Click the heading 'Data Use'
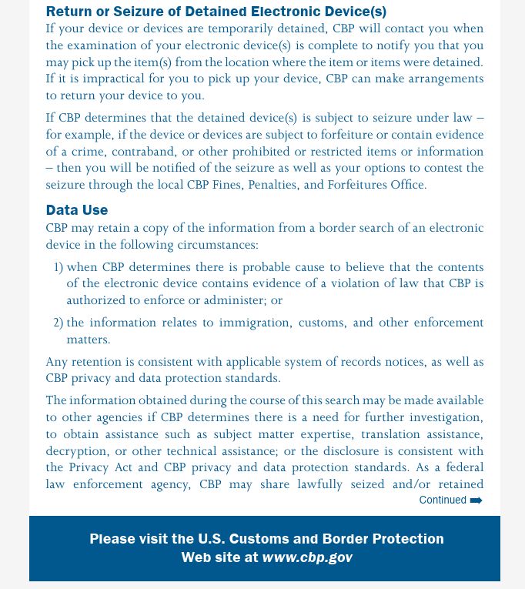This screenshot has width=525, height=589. click(x=76, y=209)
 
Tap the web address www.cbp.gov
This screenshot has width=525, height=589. click(x=307, y=557)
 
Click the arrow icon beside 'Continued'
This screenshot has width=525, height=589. click(x=477, y=500)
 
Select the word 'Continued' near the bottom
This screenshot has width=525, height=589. click(x=443, y=500)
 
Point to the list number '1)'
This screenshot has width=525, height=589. click(x=58, y=267)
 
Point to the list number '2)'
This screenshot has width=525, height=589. click(x=58, y=323)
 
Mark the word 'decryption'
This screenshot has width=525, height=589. click(x=77, y=451)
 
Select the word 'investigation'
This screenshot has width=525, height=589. click(x=437, y=417)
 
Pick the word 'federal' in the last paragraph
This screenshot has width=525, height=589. click(x=463, y=467)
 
